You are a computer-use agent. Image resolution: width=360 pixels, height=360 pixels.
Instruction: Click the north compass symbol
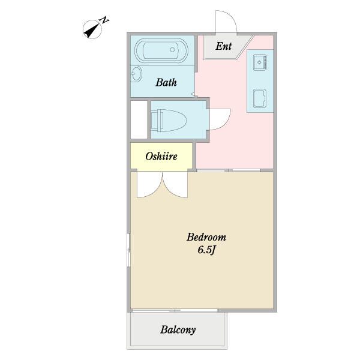point(92,29)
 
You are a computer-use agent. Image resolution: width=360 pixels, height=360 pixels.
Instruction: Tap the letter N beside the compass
point(104,20)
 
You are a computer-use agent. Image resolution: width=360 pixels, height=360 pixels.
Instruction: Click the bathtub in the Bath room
point(161,50)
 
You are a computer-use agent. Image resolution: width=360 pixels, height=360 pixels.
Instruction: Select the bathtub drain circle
point(172,50)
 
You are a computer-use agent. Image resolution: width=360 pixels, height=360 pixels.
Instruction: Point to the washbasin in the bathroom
point(136,74)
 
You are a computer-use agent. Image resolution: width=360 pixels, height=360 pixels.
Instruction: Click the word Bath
point(166,82)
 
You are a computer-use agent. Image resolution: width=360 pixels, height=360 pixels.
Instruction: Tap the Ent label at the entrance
point(223,46)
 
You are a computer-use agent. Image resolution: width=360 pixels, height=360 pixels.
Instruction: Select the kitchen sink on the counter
point(260,62)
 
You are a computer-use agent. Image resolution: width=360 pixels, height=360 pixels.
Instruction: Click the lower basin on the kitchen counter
point(260,98)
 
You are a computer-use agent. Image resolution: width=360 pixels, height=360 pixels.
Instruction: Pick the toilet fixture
point(169,121)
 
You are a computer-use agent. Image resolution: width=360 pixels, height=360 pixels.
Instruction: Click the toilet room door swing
point(220,119)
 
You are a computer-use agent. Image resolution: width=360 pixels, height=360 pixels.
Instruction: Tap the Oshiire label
point(161,157)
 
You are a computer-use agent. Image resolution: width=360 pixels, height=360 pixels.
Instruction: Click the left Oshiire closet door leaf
point(149,185)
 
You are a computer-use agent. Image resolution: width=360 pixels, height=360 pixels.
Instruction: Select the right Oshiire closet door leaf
point(175,185)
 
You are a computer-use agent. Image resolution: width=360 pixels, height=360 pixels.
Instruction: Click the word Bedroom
point(206,237)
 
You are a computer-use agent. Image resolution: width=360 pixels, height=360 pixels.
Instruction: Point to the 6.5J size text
point(206,250)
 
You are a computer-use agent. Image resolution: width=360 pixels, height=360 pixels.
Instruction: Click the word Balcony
point(178,330)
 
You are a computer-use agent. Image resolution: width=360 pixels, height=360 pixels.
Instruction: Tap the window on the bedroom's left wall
point(129,250)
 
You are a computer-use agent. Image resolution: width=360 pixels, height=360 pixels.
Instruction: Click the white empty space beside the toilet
point(139,119)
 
